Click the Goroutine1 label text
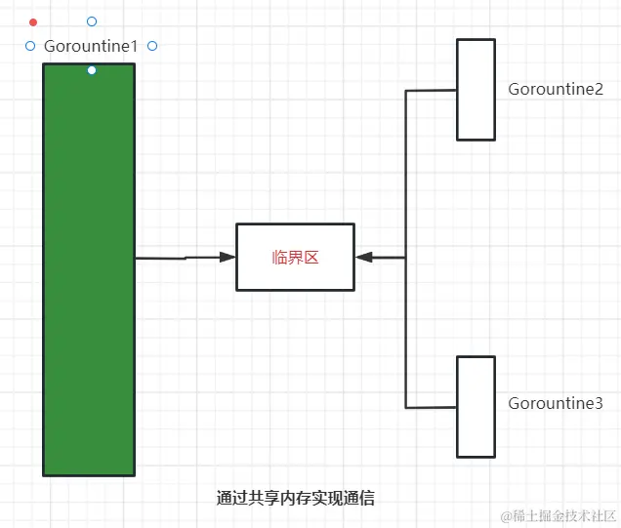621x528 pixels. coord(91,46)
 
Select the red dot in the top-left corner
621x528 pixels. coord(33,21)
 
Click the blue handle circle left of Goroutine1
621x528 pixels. coord(30,46)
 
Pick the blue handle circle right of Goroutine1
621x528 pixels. coord(151,46)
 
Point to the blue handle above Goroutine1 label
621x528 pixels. coord(92,21)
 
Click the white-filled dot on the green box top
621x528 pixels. coord(92,70)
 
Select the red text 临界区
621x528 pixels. coord(295,258)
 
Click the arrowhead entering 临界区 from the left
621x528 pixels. coord(228,257)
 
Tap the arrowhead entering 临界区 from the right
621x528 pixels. coord(363,257)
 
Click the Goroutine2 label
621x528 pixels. coord(556,89)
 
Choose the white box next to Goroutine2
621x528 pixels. coord(476,89)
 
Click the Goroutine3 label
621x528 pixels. coord(556,403)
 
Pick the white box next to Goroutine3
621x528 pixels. coord(476,406)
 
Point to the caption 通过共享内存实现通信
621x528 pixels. coord(295,498)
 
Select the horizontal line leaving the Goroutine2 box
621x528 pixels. coord(431,91)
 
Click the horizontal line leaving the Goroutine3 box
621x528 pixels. coord(431,406)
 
